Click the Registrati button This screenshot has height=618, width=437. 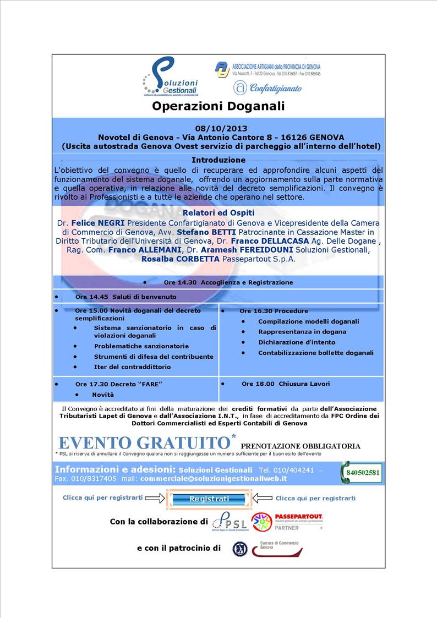click(x=209, y=499)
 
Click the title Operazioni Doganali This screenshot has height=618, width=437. click(x=218, y=105)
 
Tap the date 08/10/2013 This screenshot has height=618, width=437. click(x=217, y=128)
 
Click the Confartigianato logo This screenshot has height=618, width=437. click(x=267, y=88)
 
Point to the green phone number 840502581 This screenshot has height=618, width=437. click(x=364, y=472)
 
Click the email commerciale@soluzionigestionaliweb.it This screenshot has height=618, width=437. click(x=214, y=479)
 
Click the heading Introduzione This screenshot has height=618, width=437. click(x=218, y=160)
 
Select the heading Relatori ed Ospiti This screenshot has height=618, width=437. click(x=218, y=212)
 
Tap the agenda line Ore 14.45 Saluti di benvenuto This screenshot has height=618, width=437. click(x=126, y=297)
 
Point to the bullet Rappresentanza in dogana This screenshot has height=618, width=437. click(x=302, y=332)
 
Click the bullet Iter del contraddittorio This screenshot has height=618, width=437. click(x=132, y=367)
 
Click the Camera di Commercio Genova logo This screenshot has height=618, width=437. click(x=277, y=548)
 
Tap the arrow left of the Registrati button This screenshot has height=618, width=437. click(x=156, y=498)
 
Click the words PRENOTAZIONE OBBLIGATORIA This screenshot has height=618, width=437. click(x=301, y=446)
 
